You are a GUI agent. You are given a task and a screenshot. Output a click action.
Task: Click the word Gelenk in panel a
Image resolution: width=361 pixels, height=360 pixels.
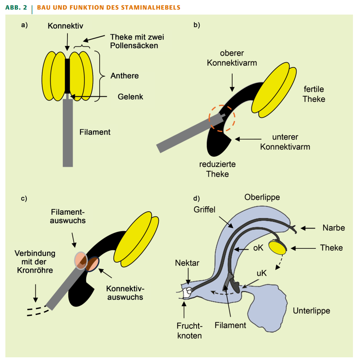pos(130,97)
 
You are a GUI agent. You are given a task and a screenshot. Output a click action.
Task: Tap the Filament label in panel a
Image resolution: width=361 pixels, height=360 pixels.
pos(95,132)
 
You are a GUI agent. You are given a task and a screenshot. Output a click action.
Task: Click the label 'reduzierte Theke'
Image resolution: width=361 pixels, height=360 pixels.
pos(217,169)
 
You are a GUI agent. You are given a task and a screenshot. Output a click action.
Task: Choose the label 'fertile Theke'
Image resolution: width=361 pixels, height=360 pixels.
pos(313,94)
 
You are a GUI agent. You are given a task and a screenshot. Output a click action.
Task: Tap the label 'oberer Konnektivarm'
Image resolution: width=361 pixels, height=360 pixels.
pos(232,58)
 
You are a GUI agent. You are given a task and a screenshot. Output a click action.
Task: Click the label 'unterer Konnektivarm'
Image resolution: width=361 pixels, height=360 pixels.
pos(286,141)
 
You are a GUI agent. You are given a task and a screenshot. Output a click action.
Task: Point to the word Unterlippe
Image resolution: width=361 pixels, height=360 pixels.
pos(312,311)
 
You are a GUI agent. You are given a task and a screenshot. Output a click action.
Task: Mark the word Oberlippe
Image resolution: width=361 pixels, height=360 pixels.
pos(262,197)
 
